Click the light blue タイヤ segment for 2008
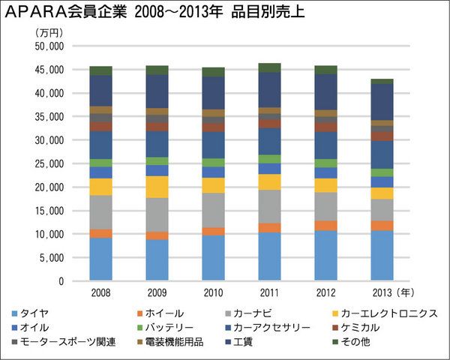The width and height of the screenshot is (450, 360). [101, 259]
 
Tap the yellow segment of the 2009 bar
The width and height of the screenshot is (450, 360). [157, 187]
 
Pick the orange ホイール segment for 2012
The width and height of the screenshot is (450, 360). [325, 226]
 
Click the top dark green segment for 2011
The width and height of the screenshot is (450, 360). [269, 67]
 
